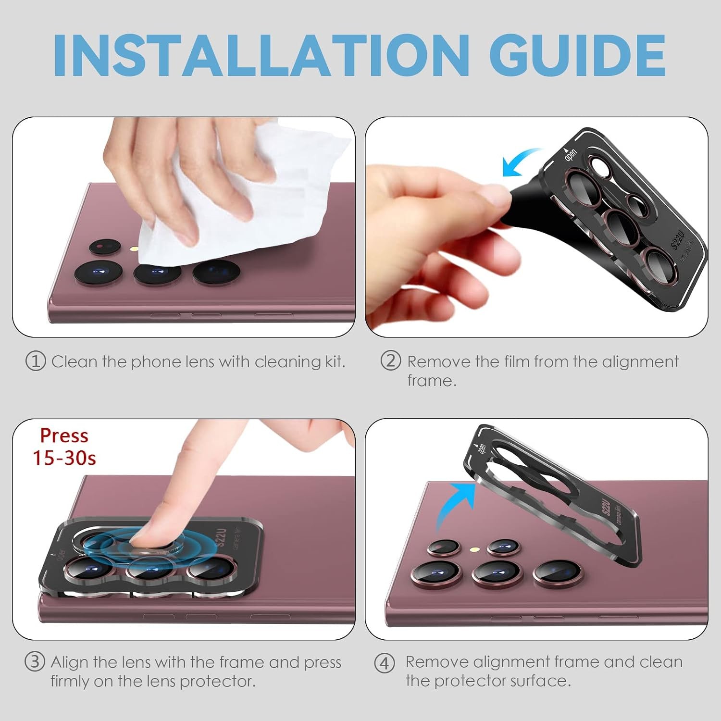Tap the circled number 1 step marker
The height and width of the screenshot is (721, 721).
click(x=36, y=361)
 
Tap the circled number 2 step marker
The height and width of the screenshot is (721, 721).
click(x=390, y=360)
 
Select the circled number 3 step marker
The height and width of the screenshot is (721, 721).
click(x=35, y=662)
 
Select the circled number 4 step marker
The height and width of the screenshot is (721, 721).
click(x=385, y=663)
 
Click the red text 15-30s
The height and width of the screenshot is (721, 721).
click(x=64, y=458)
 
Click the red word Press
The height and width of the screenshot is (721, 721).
click(x=64, y=435)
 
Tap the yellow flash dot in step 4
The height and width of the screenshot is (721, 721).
click(x=474, y=548)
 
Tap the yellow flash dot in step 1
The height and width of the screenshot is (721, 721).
click(x=136, y=249)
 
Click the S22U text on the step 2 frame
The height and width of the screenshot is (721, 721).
click(x=678, y=238)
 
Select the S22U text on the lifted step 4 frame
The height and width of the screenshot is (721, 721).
click(x=606, y=507)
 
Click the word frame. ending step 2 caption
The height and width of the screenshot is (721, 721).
click(x=432, y=381)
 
